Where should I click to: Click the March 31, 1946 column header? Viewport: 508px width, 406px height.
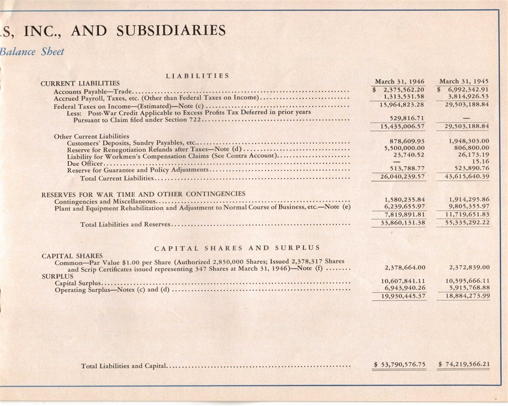(x=400, y=81)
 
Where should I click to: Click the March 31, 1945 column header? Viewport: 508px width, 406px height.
(x=464, y=81)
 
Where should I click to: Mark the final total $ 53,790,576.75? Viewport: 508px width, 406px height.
(x=400, y=364)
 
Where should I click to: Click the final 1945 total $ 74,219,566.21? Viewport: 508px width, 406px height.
(x=463, y=364)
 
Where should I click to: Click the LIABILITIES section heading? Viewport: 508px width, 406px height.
(x=197, y=76)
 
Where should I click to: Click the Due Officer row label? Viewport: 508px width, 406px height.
(x=81, y=163)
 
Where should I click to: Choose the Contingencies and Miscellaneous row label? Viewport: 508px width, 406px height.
(x=105, y=201)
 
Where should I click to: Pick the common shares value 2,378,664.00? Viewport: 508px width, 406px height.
(x=404, y=267)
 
